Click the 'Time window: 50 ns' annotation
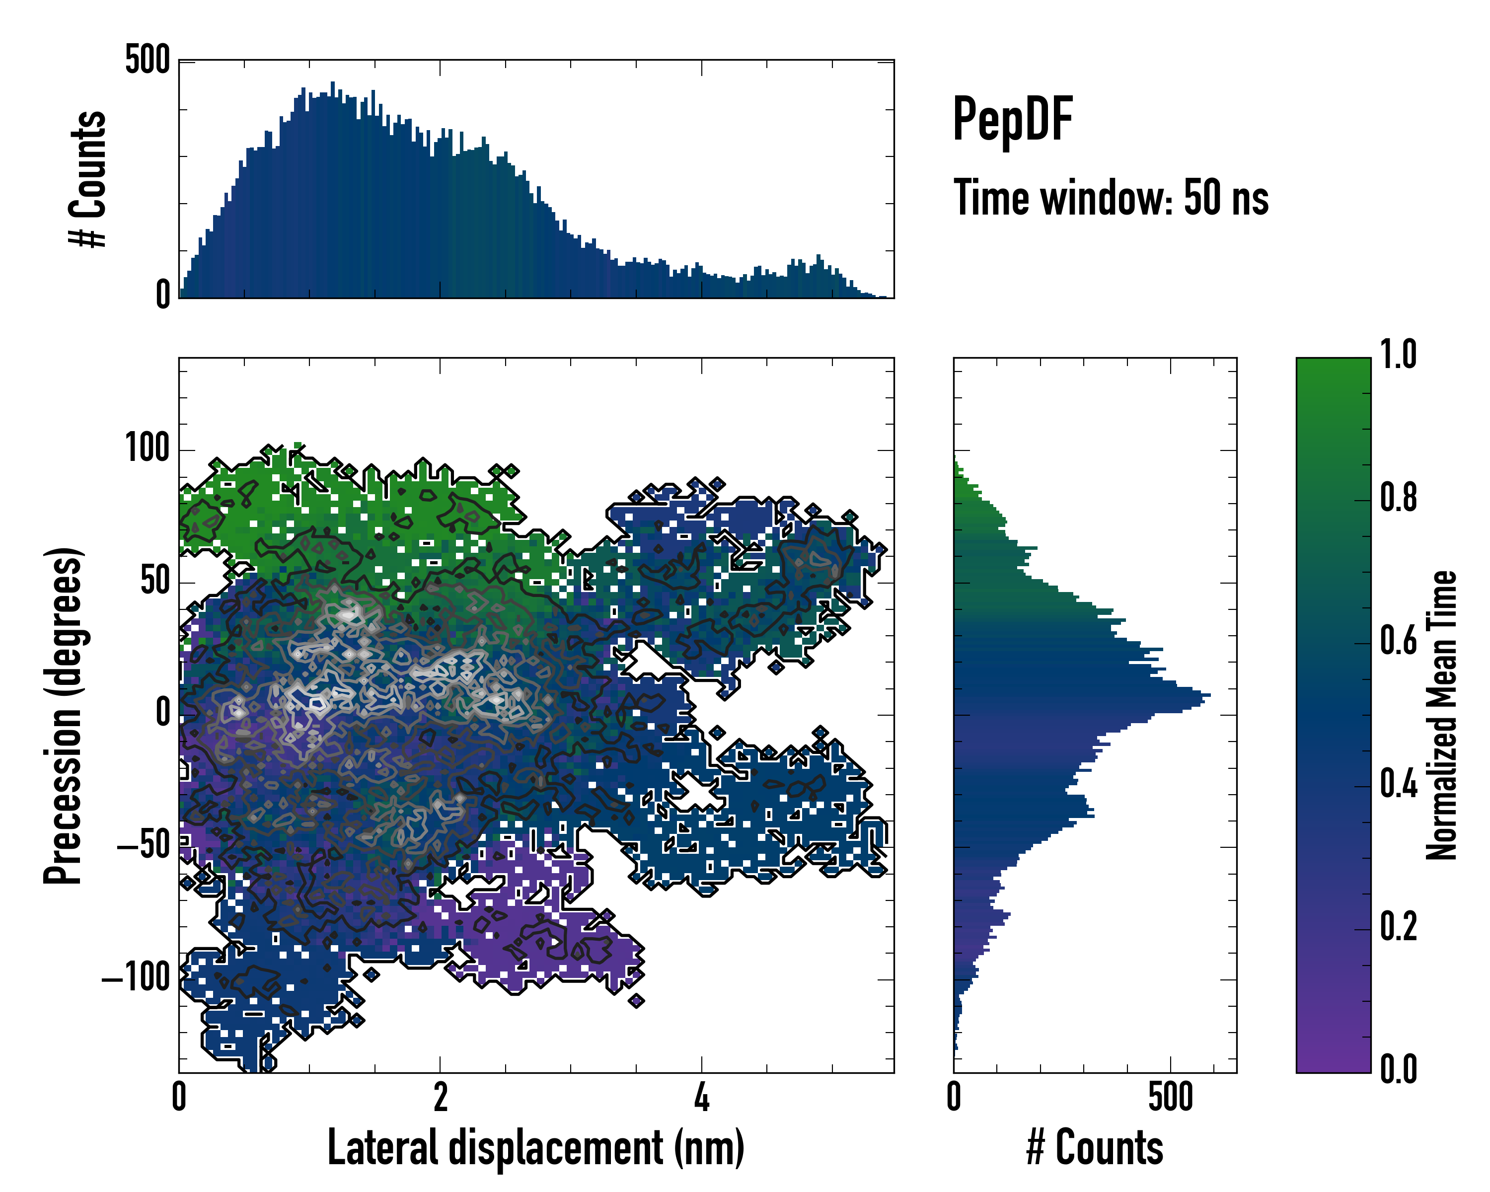[1111, 198]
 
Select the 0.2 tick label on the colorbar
[1398, 927]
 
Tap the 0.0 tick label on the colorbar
[1398, 1069]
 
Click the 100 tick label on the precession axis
[147, 448]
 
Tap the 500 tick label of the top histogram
[147, 60]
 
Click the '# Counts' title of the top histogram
[88, 178]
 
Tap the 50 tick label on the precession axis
[155, 581]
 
